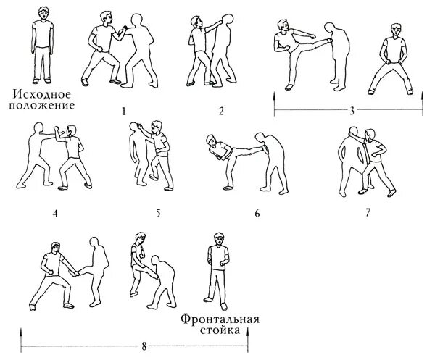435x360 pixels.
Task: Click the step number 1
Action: [x=124, y=111]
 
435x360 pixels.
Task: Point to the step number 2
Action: [x=221, y=111]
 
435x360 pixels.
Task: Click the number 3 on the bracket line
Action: [x=351, y=111]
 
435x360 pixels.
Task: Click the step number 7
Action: [x=368, y=214]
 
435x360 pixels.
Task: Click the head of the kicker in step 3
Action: [x=282, y=25]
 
